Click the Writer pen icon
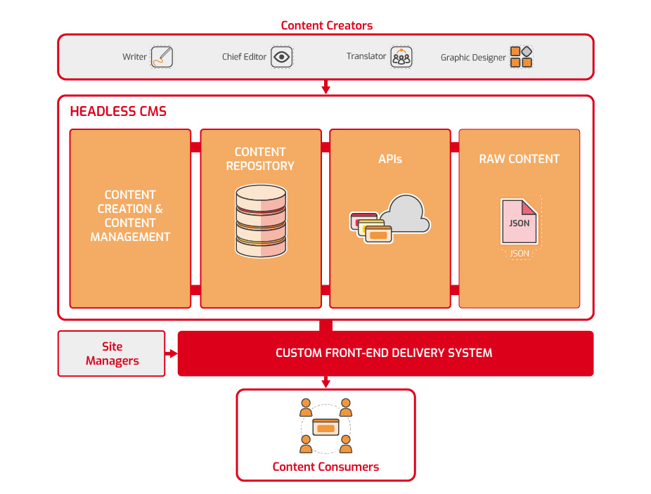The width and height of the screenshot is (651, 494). pyautogui.click(x=162, y=57)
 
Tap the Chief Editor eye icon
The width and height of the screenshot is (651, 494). pyautogui.click(x=282, y=57)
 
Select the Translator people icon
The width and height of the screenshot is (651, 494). pyautogui.click(x=401, y=57)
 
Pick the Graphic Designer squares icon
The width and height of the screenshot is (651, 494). pyautogui.click(x=521, y=57)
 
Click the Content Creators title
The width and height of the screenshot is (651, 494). pyautogui.click(x=327, y=26)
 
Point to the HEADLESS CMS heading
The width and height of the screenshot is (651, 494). pyautogui.click(x=118, y=111)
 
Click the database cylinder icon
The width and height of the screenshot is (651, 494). pyautogui.click(x=261, y=221)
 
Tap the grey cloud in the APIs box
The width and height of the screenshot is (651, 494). pyautogui.click(x=406, y=214)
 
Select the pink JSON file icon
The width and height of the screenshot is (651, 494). pyautogui.click(x=520, y=221)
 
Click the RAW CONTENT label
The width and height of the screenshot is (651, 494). pyautogui.click(x=520, y=159)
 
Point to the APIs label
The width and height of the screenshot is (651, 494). pyautogui.click(x=390, y=159)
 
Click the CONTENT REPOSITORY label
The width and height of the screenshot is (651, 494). pyautogui.click(x=260, y=159)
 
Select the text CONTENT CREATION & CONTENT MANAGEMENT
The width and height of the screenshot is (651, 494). pyautogui.click(x=130, y=216)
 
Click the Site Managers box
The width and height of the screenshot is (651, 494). pyautogui.click(x=112, y=353)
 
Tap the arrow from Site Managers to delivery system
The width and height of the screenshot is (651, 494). pyautogui.click(x=172, y=353)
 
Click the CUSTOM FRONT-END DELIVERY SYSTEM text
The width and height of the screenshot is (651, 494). pyautogui.click(x=384, y=353)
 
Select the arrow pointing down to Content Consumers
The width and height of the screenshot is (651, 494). pyautogui.click(x=326, y=382)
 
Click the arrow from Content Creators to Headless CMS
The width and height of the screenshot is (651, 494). pyautogui.click(x=326, y=86)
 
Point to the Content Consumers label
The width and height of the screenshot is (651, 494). pyautogui.click(x=326, y=467)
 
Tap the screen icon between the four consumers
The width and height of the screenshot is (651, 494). pyautogui.click(x=326, y=427)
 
